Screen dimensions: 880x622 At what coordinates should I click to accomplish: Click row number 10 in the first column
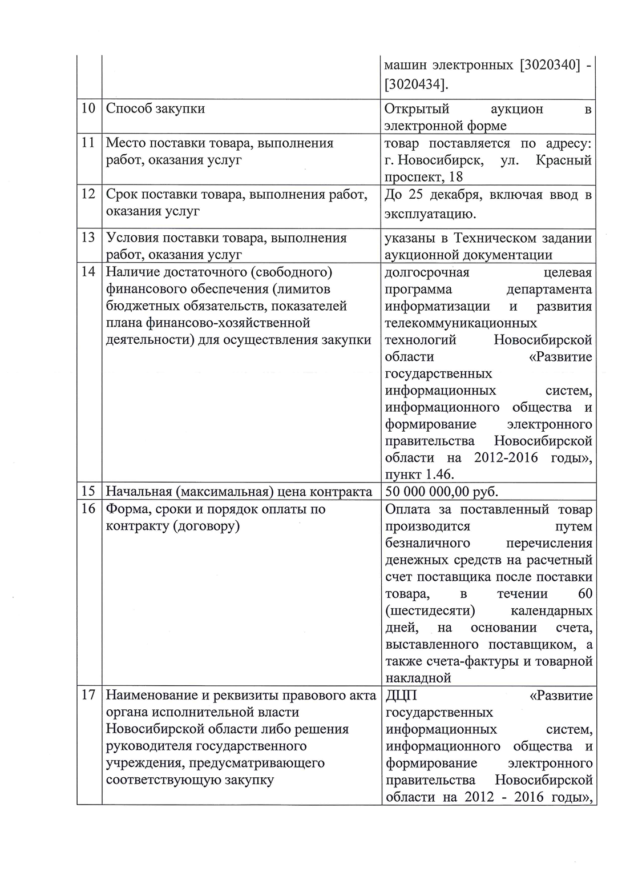(x=88, y=108)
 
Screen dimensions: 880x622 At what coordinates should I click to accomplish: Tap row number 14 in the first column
(x=88, y=271)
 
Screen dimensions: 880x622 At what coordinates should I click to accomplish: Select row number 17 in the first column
(x=88, y=696)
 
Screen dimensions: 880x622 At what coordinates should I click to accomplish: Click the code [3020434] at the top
(x=416, y=85)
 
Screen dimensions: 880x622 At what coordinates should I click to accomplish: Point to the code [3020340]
(x=551, y=66)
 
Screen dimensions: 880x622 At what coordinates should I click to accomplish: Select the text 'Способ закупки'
(x=155, y=108)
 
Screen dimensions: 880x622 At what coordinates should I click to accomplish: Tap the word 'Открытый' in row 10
(x=417, y=109)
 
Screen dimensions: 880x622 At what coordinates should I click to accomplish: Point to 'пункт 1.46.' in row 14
(x=420, y=475)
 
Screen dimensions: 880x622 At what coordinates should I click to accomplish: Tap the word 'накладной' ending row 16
(x=418, y=678)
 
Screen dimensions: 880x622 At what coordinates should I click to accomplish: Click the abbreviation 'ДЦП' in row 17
(x=402, y=696)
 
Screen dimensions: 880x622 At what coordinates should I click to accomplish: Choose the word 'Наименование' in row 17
(x=151, y=696)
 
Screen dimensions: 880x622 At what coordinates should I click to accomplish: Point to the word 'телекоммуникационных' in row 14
(x=461, y=323)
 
